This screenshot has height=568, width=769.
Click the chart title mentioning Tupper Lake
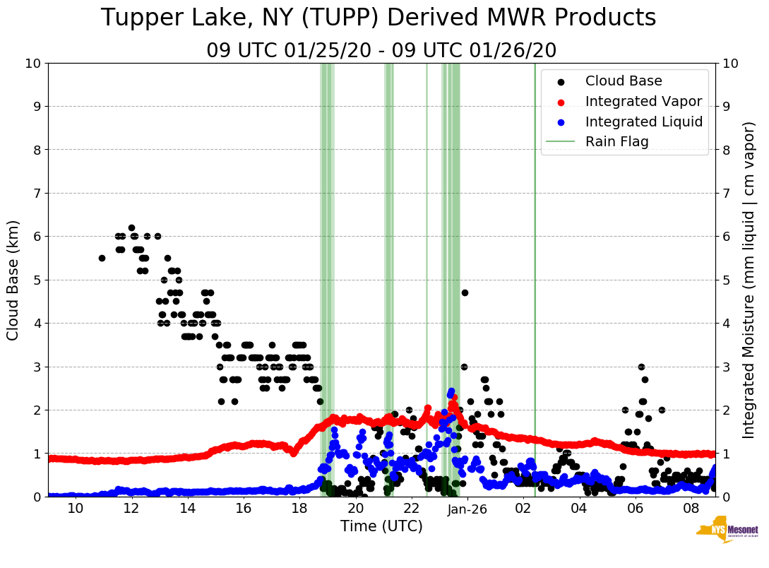tap(378, 18)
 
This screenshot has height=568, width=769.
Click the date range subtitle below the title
tap(381, 51)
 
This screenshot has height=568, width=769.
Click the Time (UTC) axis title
tap(381, 526)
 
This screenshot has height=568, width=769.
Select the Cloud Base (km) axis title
tap(13, 280)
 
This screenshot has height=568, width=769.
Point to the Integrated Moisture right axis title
tap(750, 280)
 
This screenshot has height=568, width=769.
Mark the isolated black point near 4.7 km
tap(465, 292)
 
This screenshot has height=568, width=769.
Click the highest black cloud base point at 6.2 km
tap(131, 227)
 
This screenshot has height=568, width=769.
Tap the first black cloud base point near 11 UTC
tap(102, 258)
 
